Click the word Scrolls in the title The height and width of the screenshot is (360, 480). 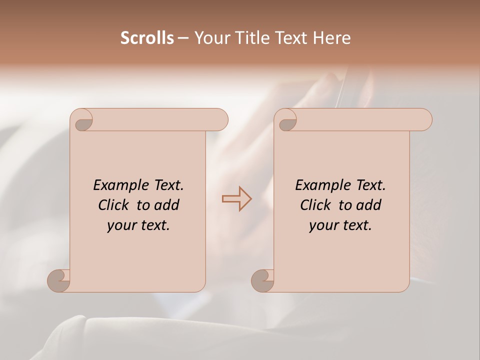coord(147,38)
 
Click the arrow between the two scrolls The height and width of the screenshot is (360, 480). coord(236,198)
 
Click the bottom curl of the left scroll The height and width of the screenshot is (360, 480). coord(59,280)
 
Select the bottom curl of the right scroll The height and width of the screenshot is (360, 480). coord(263,280)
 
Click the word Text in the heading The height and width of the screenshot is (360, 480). coord(289,38)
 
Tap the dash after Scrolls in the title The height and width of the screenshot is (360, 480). coord(183,38)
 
